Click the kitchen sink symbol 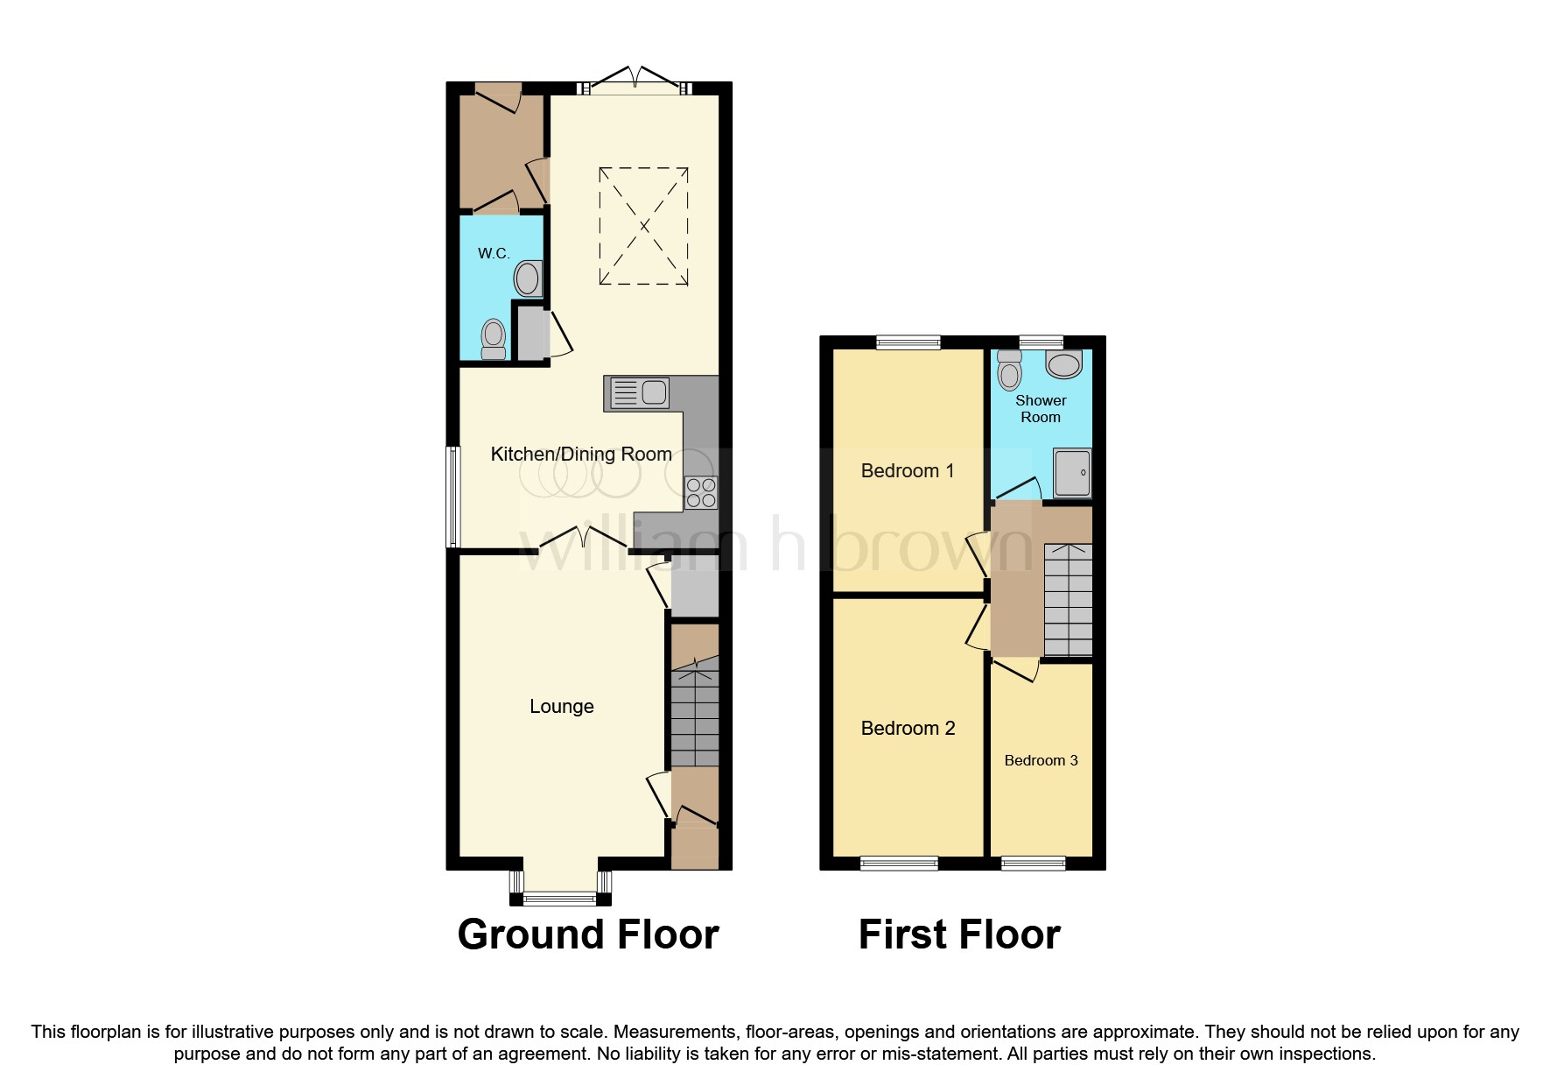point(637,392)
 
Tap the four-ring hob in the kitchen point(701,492)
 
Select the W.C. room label point(494,254)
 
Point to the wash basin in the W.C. point(528,279)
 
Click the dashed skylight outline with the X point(643,226)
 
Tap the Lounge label point(561,707)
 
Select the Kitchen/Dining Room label point(581,454)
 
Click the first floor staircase point(1068,599)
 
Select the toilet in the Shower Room point(1010,370)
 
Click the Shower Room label point(1041,409)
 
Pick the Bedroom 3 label point(1041,760)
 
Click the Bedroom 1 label point(907,471)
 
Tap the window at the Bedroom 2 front point(899,864)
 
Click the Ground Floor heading point(588,934)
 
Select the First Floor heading point(959,934)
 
